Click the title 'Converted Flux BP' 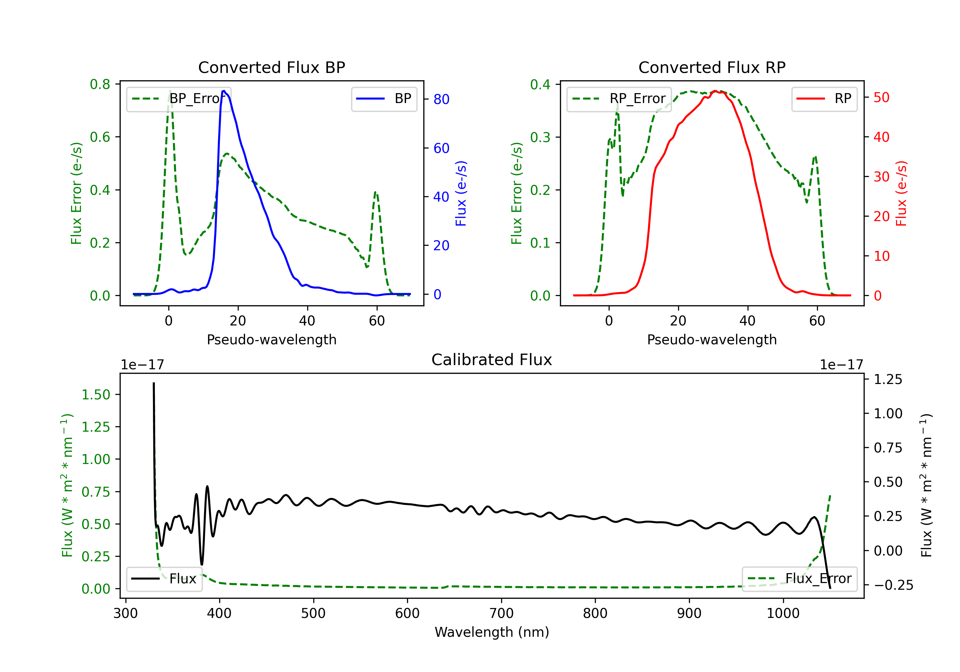271,67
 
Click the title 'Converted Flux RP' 712,67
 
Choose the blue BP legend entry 384,99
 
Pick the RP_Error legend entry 619,99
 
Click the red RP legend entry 824,99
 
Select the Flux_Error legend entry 799,579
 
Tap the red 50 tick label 881,97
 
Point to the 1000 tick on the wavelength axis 783,613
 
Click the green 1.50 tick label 95,395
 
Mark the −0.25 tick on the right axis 893,585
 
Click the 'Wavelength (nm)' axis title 492,632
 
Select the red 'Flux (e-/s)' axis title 901,193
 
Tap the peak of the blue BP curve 224,91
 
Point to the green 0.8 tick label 100,84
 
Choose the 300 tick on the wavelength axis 125,613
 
